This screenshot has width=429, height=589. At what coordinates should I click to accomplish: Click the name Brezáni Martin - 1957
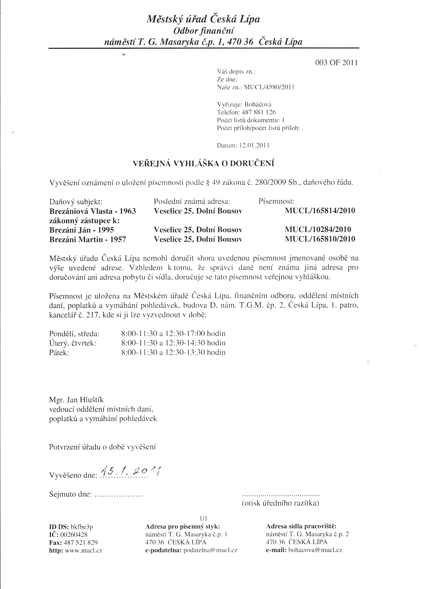[87, 239]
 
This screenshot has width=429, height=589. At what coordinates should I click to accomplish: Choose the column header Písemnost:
[276, 201]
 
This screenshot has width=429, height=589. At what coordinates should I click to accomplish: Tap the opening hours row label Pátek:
[59, 353]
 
